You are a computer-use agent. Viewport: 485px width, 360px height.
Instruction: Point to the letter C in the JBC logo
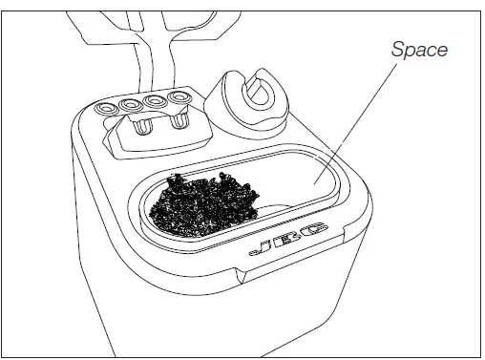click(311, 232)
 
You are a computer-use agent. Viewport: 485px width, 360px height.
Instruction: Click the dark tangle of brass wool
click(206, 201)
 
